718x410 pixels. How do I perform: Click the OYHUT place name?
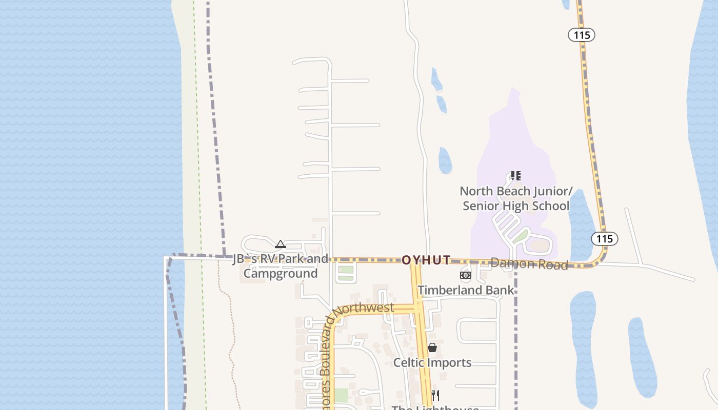[426, 260]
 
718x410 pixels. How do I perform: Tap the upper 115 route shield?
[581, 35]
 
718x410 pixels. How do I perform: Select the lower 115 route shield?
[604, 238]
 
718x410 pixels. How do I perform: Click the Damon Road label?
[529, 264]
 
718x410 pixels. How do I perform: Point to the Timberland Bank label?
[465, 290]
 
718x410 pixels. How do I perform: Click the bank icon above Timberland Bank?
[465, 275]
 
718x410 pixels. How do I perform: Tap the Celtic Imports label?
[432, 362]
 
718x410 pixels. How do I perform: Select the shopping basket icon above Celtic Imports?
[432, 348]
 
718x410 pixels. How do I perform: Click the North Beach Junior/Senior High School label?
[516, 198]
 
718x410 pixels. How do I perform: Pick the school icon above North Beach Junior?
[516, 176]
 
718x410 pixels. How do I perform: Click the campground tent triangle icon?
[280, 244]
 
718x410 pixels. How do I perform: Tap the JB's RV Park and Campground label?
[281, 266]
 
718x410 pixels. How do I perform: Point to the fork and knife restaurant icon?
[435, 395]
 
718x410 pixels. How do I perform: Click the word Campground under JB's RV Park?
[281, 273]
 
